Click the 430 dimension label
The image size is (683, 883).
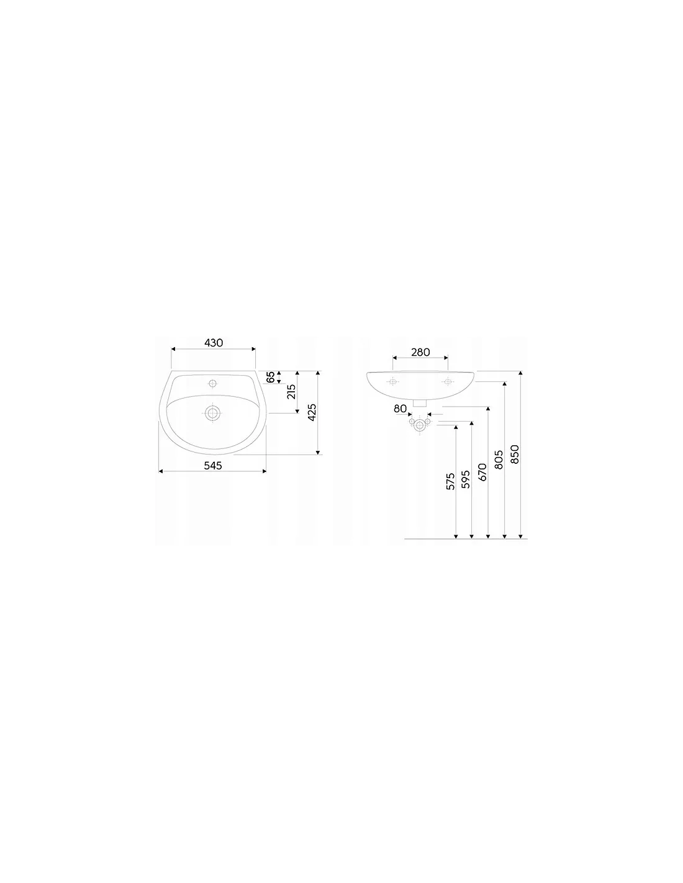point(214,343)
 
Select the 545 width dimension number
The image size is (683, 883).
point(213,465)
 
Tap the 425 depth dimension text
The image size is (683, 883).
point(312,412)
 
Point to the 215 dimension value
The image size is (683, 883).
point(291,392)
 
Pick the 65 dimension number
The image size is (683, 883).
point(270,377)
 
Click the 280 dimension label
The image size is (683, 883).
point(420,352)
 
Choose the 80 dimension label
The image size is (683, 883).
point(400,409)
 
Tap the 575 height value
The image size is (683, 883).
point(450,481)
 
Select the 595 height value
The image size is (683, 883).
point(466,479)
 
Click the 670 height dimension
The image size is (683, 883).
point(482,472)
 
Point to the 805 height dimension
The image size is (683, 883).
point(499,460)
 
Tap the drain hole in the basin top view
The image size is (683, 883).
point(212,414)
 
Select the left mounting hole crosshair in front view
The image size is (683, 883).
point(392,381)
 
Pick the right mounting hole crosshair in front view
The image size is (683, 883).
point(447,381)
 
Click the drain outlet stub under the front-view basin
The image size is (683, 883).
point(420,403)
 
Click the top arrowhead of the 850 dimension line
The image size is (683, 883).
point(520,373)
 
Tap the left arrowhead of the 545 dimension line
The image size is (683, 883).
point(160,471)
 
